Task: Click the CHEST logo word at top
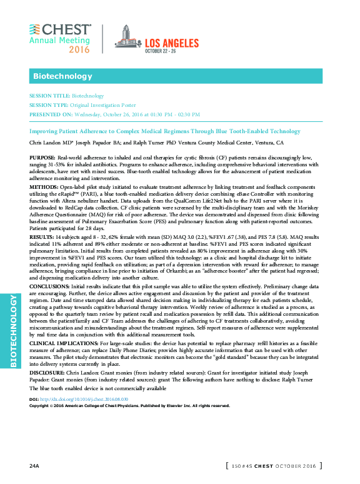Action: click(66, 30)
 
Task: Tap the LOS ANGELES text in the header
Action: click(172, 43)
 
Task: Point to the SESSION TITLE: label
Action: click(49, 96)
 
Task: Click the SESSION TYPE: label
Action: click(49, 106)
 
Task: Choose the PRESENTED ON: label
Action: click(51, 115)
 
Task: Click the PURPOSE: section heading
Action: click(42, 158)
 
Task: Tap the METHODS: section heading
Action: click(44, 188)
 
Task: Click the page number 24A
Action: click(34, 466)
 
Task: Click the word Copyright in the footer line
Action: click(41, 405)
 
